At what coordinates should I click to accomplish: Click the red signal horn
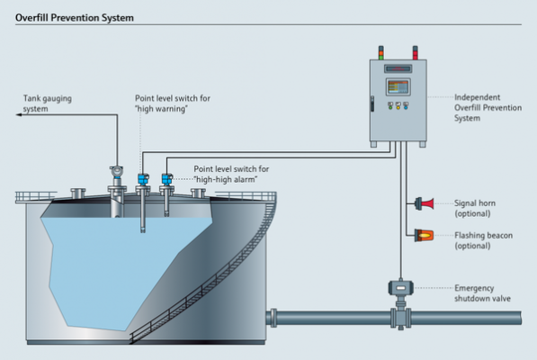425,203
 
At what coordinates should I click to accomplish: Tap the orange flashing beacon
424,235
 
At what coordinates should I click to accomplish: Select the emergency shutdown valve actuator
400,288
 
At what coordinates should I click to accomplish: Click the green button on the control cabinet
390,106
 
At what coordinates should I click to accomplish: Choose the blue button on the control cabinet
406,106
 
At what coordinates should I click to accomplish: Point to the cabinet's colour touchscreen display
398,86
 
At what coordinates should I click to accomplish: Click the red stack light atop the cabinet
415,53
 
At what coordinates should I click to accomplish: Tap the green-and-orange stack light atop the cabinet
380,53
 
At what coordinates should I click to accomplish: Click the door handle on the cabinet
372,103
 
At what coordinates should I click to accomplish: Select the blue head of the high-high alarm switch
167,179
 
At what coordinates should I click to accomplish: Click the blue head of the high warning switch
143,179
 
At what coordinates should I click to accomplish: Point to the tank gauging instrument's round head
116,171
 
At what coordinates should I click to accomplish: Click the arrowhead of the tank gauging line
19,114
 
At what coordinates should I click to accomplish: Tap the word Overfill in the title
31,18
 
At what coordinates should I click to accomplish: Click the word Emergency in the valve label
474,288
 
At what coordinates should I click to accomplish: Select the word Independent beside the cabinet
477,97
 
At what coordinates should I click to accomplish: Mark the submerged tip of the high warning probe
143,230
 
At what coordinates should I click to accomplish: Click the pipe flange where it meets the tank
273,318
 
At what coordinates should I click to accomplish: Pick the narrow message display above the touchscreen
398,68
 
